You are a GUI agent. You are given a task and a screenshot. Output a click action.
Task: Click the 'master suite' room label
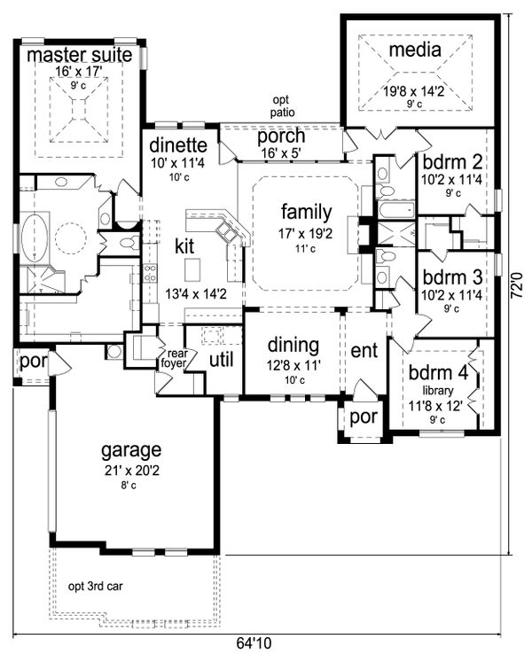pyautogui.click(x=79, y=56)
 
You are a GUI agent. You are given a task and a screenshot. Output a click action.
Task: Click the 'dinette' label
pyautogui.click(x=178, y=145)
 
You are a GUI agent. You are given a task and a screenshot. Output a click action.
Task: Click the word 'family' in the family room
pyautogui.click(x=307, y=212)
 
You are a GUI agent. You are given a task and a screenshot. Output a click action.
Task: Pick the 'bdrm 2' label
pyautogui.click(x=451, y=164)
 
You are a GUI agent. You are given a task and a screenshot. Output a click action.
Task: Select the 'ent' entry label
pyautogui.click(x=364, y=350)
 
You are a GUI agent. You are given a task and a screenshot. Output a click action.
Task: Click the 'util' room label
pyautogui.click(x=221, y=359)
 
